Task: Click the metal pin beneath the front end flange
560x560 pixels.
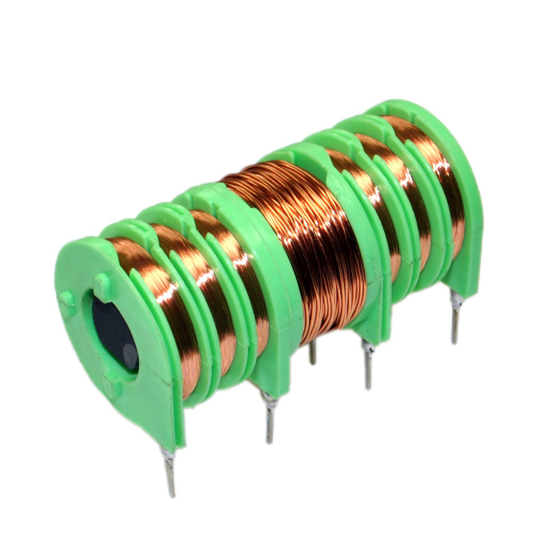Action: [170, 473]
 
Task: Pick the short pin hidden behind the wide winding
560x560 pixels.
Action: [312, 352]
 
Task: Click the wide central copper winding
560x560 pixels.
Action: [308, 240]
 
